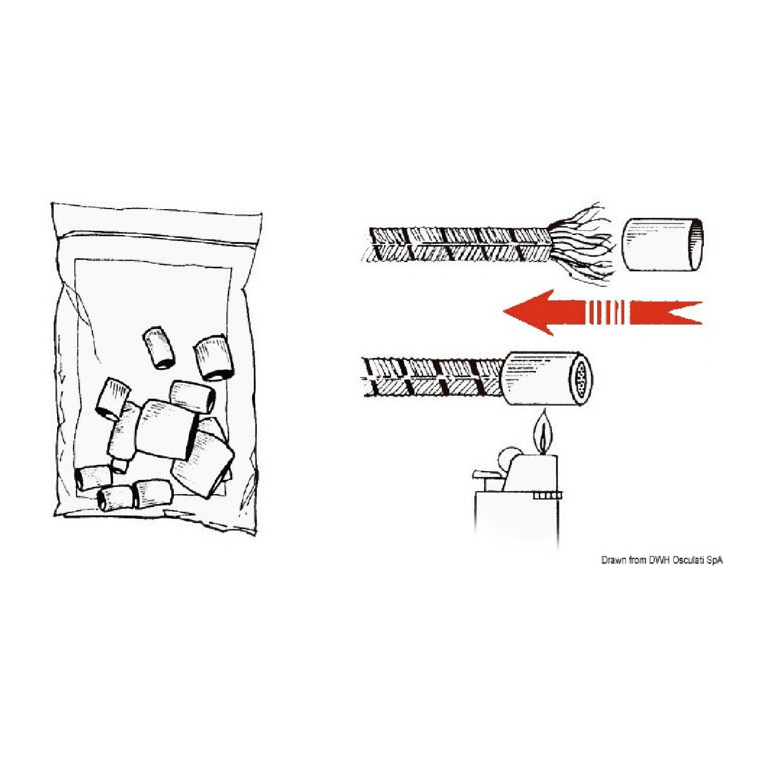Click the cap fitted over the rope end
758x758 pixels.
[547, 378]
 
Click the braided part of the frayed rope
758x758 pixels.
[456, 244]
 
